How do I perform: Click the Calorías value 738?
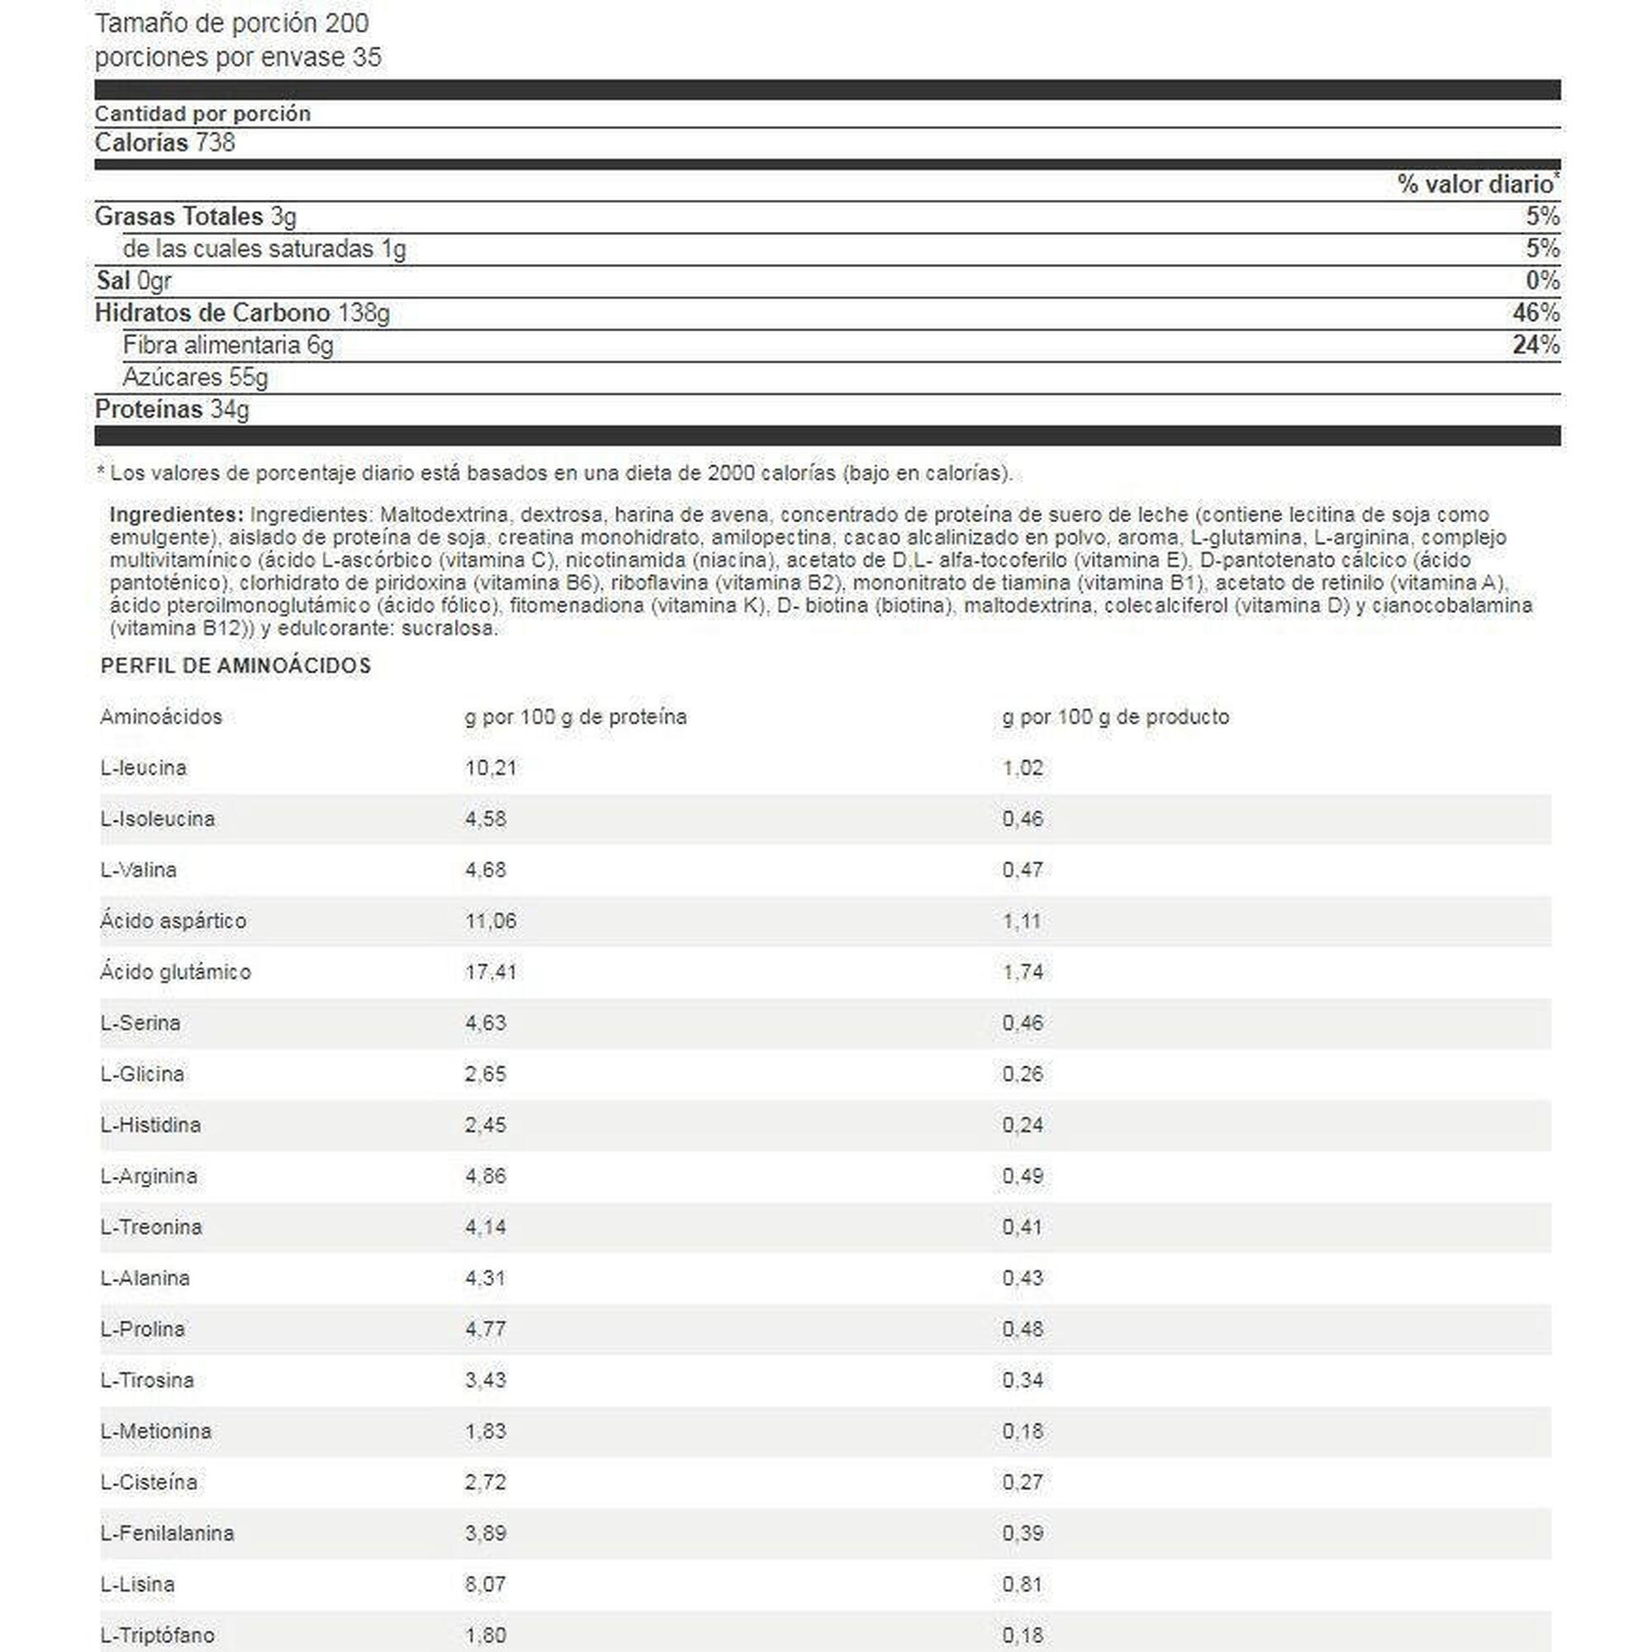pyautogui.click(x=215, y=143)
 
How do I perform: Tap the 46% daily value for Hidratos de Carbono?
pyautogui.click(x=1536, y=313)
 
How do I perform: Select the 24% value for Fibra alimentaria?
pyautogui.click(x=1536, y=345)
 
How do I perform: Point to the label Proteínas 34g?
pyautogui.click(x=172, y=410)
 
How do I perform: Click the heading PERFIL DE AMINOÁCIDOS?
pyautogui.click(x=236, y=666)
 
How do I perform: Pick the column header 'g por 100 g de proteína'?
pyautogui.click(x=576, y=716)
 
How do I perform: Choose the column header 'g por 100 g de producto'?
pyautogui.click(x=1115, y=716)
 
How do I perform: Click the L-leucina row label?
pyautogui.click(x=143, y=768)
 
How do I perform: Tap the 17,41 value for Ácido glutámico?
pyautogui.click(x=491, y=972)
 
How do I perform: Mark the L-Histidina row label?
pyautogui.click(x=150, y=1125)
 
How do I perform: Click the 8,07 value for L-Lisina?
pyautogui.click(x=486, y=1584)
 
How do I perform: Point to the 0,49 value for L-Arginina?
pyautogui.click(x=1023, y=1176)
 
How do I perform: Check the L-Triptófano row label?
pyautogui.click(x=157, y=1635)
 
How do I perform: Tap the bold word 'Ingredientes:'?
pyautogui.click(x=177, y=515)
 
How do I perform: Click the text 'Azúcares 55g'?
pyautogui.click(x=195, y=377)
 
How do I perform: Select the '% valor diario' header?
pyautogui.click(x=1474, y=185)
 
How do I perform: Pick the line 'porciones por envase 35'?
pyautogui.click(x=238, y=57)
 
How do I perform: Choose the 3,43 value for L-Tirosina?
pyautogui.click(x=486, y=1380)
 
